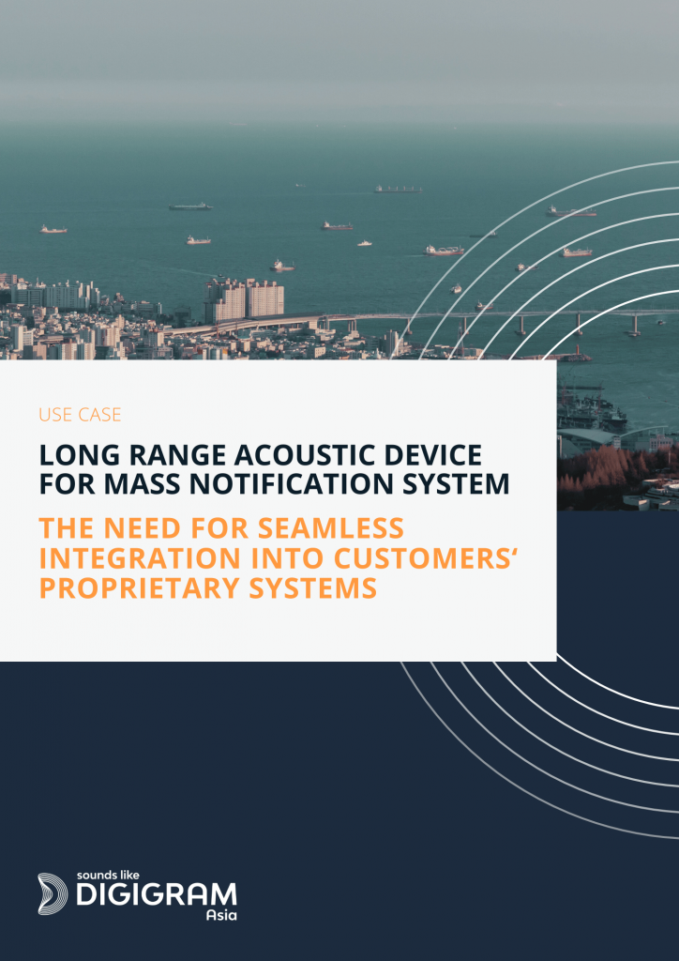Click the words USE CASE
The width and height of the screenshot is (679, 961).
coord(80,415)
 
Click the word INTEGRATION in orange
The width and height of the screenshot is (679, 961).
coord(131,557)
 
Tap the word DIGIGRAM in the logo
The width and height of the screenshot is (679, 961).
coord(156,895)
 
